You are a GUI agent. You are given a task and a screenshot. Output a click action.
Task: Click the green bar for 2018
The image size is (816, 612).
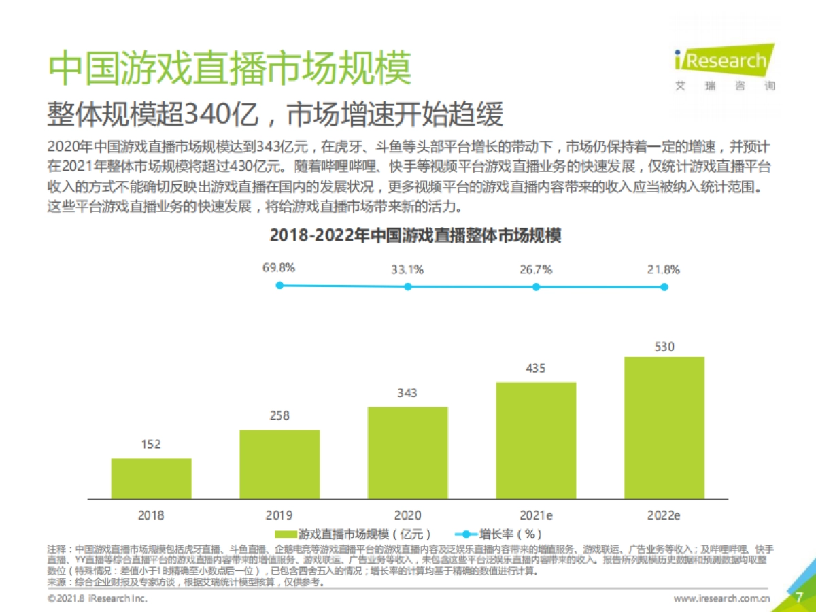[x=151, y=478]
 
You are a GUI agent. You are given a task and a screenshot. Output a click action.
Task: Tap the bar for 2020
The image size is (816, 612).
[x=407, y=452]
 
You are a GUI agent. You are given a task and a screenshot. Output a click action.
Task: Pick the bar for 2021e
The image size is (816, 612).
[x=536, y=440]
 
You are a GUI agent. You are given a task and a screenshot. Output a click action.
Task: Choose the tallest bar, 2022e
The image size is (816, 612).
[x=664, y=427]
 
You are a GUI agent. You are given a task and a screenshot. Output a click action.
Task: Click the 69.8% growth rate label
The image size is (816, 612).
[x=279, y=268]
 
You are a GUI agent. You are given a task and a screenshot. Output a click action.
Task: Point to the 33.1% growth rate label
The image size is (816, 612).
[x=407, y=269]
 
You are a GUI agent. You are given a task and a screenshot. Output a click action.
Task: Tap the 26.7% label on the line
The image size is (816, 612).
[x=536, y=269]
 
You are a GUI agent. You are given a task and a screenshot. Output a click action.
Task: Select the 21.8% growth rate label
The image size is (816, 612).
[x=664, y=269]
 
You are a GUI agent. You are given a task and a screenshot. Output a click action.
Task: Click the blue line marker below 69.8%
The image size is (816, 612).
[x=279, y=286]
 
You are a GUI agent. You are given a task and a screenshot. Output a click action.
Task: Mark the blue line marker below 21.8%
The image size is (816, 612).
[x=664, y=287]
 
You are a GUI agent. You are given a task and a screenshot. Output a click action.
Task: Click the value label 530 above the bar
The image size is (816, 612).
[x=664, y=347]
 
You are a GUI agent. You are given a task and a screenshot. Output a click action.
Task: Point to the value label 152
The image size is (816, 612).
[x=151, y=445]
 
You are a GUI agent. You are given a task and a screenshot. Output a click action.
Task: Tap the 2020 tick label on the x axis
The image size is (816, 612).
[x=407, y=515]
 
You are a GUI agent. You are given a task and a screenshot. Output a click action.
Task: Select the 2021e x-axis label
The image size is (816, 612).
[x=536, y=515]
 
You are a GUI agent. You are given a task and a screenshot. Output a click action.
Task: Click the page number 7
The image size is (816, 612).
[x=799, y=598]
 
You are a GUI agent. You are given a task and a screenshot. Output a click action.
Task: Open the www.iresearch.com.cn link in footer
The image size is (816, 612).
[x=721, y=599]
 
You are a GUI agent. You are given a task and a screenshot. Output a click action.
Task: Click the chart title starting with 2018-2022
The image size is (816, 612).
[x=415, y=236]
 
